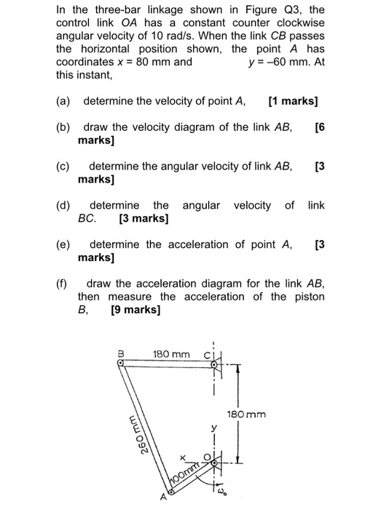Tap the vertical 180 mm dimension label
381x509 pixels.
(x=246, y=414)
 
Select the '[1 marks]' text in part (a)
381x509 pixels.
(x=293, y=100)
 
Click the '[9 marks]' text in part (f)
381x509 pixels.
(x=135, y=310)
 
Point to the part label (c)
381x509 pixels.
(x=63, y=166)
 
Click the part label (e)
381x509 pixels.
(x=63, y=244)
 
